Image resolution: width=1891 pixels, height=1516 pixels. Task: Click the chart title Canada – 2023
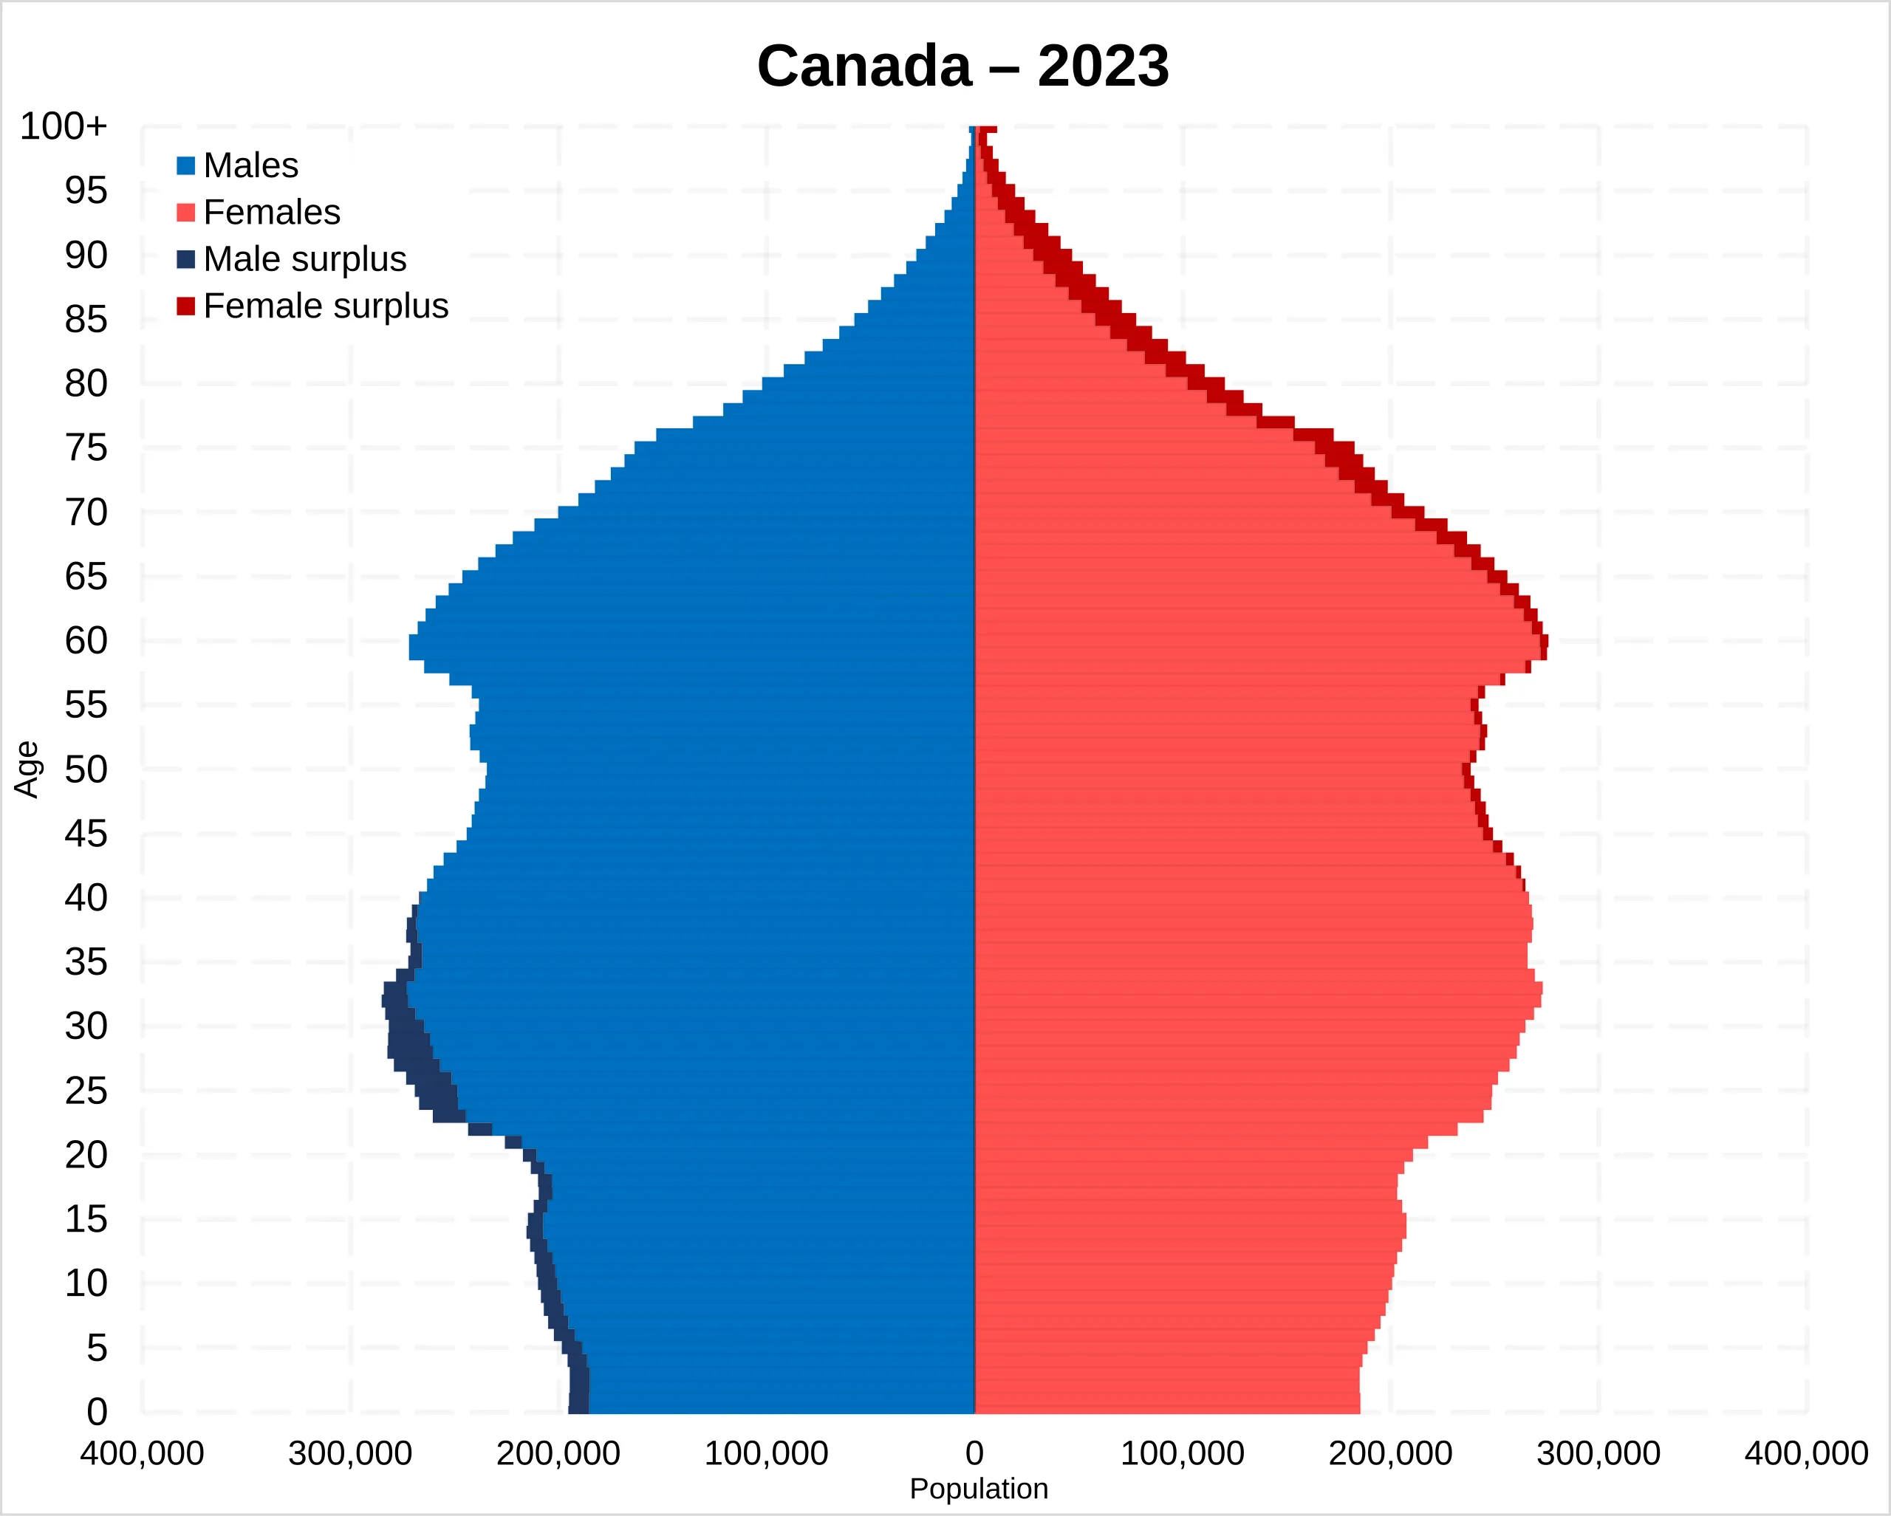[x=962, y=66]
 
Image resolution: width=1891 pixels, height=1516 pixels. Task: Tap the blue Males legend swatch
[x=185, y=165]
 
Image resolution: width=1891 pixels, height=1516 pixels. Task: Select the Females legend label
[x=271, y=212]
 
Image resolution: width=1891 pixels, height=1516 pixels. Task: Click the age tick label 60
[x=86, y=641]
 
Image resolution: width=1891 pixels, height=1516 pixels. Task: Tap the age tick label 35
[x=86, y=962]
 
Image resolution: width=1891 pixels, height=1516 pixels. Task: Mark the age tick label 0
[x=97, y=1412]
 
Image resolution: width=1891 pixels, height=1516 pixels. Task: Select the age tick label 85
[x=86, y=319]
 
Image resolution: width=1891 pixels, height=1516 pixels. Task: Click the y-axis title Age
[x=27, y=769]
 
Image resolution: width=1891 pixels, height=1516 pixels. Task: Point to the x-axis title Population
[x=979, y=1489]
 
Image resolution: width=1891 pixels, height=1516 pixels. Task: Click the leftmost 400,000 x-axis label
[x=142, y=1454]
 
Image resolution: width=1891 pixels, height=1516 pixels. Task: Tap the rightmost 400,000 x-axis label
[x=1806, y=1454]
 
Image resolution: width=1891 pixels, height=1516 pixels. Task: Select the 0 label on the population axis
[x=974, y=1454]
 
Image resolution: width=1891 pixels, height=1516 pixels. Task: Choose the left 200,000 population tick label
[x=558, y=1454]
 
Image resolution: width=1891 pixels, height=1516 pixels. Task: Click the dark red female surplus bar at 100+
[x=988, y=130]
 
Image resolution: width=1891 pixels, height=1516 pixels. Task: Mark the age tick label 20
[x=86, y=1155]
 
